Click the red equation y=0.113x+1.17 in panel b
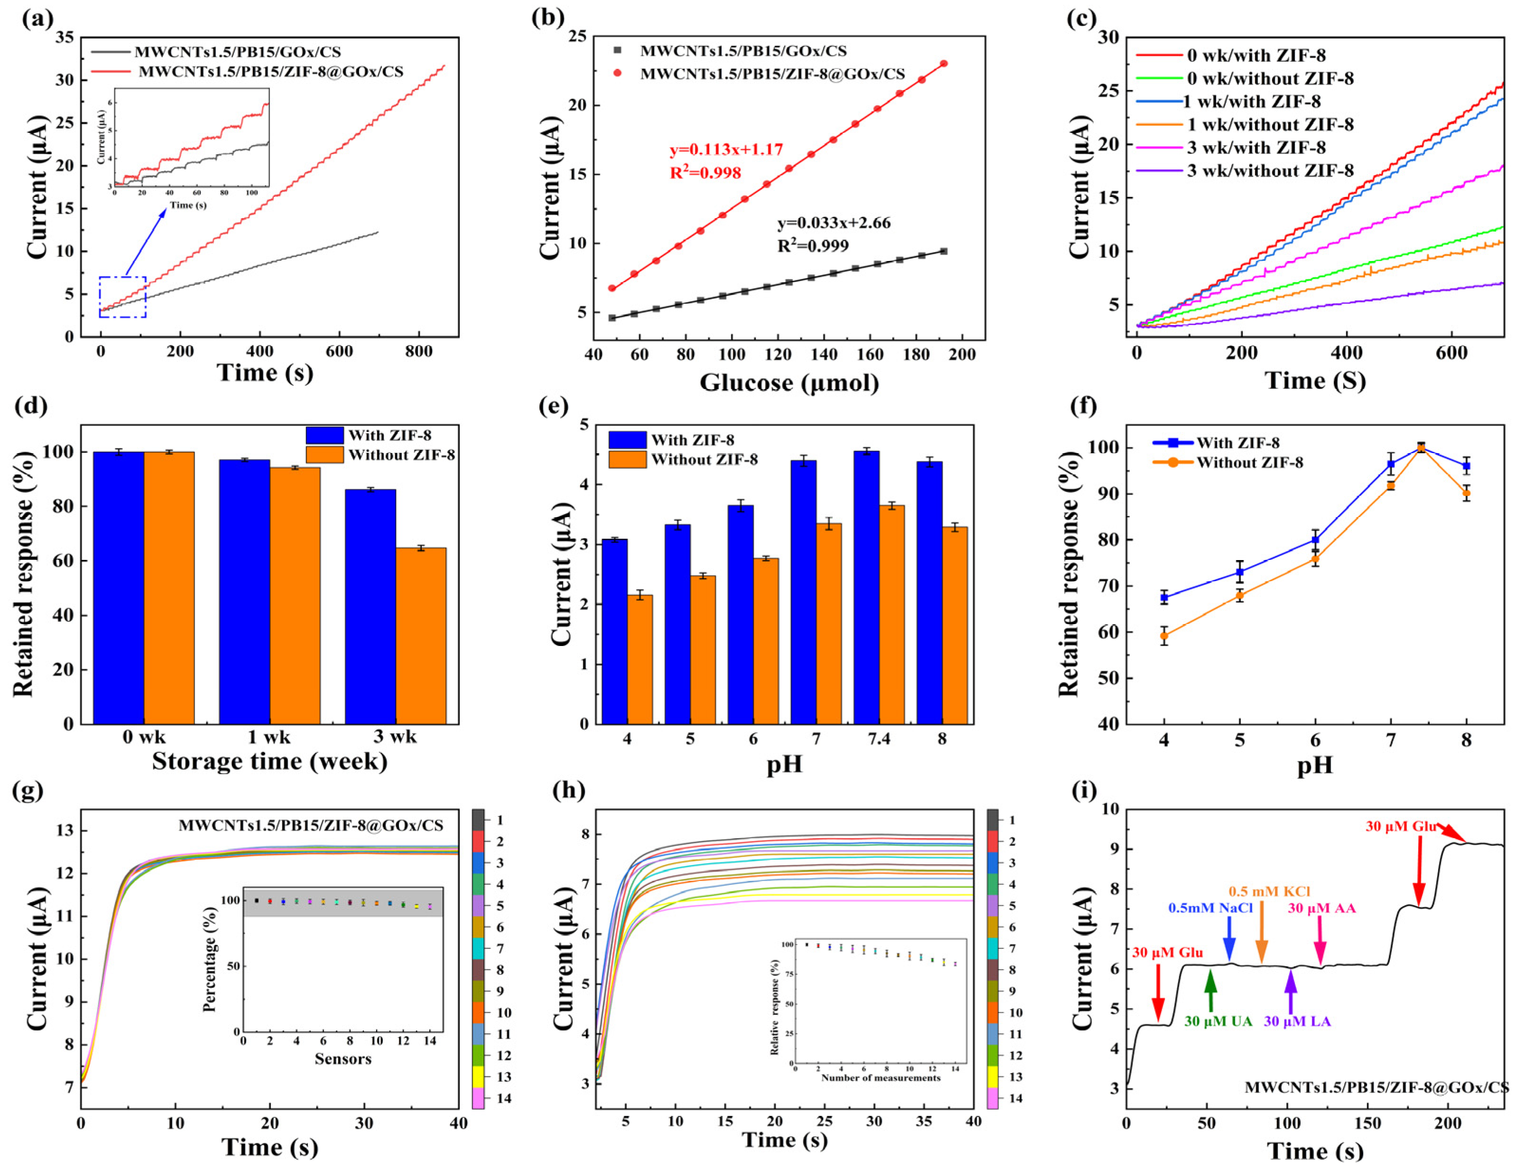(726, 149)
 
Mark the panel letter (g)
(28, 791)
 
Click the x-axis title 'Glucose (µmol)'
(789, 383)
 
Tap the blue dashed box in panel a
(123, 297)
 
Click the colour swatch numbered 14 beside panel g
(478, 1098)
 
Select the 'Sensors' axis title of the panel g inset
(342, 1059)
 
